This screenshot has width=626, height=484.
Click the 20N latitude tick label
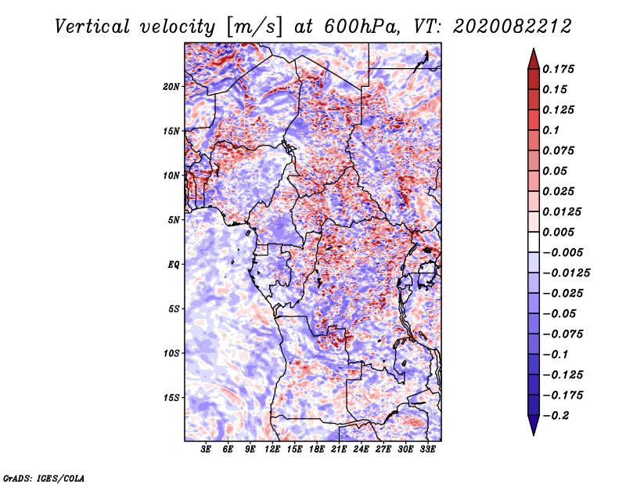tap(171, 86)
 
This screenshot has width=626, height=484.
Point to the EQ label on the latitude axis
tap(174, 264)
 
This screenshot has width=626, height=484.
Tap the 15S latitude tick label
tap(171, 398)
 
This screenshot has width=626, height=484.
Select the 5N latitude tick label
tap(174, 220)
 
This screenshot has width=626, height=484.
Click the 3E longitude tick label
tap(206, 450)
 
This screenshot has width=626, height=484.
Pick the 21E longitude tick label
tap(339, 450)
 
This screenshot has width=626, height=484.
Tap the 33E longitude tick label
tap(427, 450)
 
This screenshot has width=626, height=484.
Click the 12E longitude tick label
tap(272, 450)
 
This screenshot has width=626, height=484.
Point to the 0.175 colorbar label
tap(558, 69)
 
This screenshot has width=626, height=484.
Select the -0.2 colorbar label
tap(556, 416)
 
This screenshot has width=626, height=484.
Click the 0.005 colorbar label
tap(558, 232)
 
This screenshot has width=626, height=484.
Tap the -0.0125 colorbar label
tap(566, 273)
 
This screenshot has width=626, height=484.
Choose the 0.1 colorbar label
tap(551, 130)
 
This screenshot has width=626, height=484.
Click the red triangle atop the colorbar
tap(534, 60)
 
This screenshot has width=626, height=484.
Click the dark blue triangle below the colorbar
tap(534, 424)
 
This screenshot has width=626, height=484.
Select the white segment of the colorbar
tap(534, 242)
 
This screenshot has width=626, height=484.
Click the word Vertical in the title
tap(92, 27)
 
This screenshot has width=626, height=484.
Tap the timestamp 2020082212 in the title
tap(513, 27)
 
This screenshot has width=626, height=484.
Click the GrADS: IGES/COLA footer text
tap(44, 478)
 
